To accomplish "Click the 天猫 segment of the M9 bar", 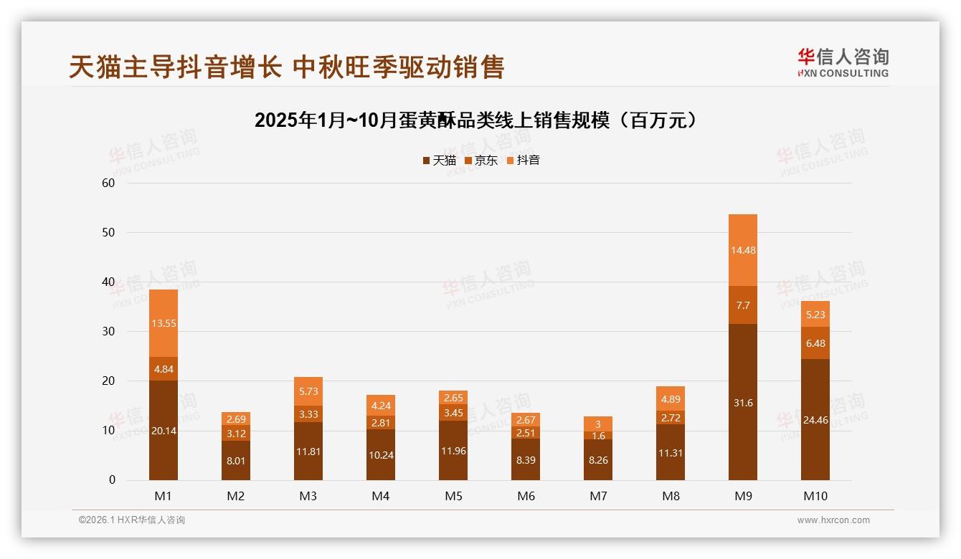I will (x=742, y=402).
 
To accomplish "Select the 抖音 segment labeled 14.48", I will (x=742, y=250).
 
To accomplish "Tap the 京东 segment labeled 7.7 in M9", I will (x=742, y=305).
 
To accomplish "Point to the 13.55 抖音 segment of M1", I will (x=164, y=323).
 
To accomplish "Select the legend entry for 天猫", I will (x=439, y=161).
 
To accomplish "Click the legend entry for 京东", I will (x=481, y=161).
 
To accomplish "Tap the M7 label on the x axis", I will (x=598, y=496).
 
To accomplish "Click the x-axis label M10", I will (x=815, y=496).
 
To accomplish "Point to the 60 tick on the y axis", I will (x=108, y=183).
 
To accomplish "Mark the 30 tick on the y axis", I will (x=108, y=332).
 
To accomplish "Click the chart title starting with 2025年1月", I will (x=476, y=120).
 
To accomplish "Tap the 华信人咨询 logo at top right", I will (x=843, y=62).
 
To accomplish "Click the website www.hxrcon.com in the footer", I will (x=833, y=520).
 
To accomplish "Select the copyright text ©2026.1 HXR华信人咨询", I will (x=132, y=520).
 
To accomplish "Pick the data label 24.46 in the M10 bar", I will (x=815, y=420).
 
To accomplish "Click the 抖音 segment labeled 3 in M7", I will (x=598, y=424).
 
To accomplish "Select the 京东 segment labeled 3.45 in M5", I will (x=453, y=413).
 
